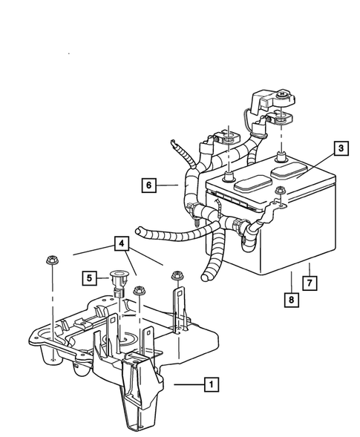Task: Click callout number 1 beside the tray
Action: [x=212, y=384]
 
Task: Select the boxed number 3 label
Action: [x=339, y=149]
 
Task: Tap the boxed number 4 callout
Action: [x=120, y=243]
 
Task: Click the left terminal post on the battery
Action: [x=229, y=175]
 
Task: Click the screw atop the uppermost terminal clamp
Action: [x=284, y=95]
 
